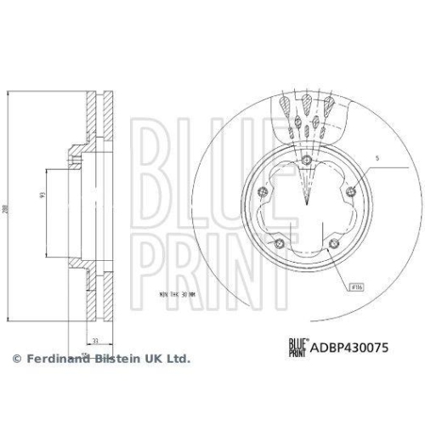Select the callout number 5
pyautogui.click(x=379, y=159)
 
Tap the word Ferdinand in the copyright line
pyautogui.click(x=54, y=360)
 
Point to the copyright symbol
pyautogui.click(x=15, y=360)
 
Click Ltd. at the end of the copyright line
pyautogui.click(x=178, y=360)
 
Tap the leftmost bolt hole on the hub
pyautogui.click(x=265, y=190)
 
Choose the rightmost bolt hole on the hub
pyautogui.click(x=348, y=190)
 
